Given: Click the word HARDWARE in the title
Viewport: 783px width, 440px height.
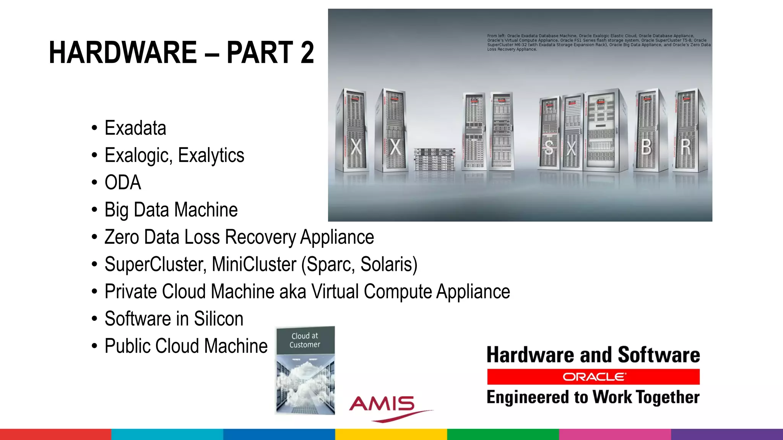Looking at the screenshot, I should click(123, 52).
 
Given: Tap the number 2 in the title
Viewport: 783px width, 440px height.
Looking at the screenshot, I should click(307, 52).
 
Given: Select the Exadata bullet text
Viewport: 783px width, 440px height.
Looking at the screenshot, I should click(135, 128).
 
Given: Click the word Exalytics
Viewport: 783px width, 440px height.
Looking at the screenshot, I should click(211, 155).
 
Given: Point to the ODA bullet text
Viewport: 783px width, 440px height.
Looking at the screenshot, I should click(123, 183).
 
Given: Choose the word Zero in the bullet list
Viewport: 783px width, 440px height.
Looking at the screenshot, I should click(122, 237).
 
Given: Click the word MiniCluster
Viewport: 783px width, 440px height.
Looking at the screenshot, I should click(254, 264).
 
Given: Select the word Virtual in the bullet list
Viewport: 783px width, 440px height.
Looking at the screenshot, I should click(335, 292).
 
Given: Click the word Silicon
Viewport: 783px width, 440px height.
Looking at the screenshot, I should click(218, 319).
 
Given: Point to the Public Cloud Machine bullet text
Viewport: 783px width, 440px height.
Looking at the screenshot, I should click(186, 346).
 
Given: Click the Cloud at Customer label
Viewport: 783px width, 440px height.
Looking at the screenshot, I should click(305, 340).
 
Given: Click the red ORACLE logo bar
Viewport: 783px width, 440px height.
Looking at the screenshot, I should click(593, 377).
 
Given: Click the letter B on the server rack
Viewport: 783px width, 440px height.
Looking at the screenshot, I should click(646, 147).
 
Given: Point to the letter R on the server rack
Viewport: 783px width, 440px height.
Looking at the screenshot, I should click(686, 147).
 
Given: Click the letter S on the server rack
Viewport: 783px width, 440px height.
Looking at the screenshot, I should click(549, 147).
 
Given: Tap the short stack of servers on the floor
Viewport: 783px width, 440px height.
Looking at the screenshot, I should click(435, 159).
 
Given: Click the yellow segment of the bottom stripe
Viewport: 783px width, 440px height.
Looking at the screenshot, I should click(391, 434).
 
